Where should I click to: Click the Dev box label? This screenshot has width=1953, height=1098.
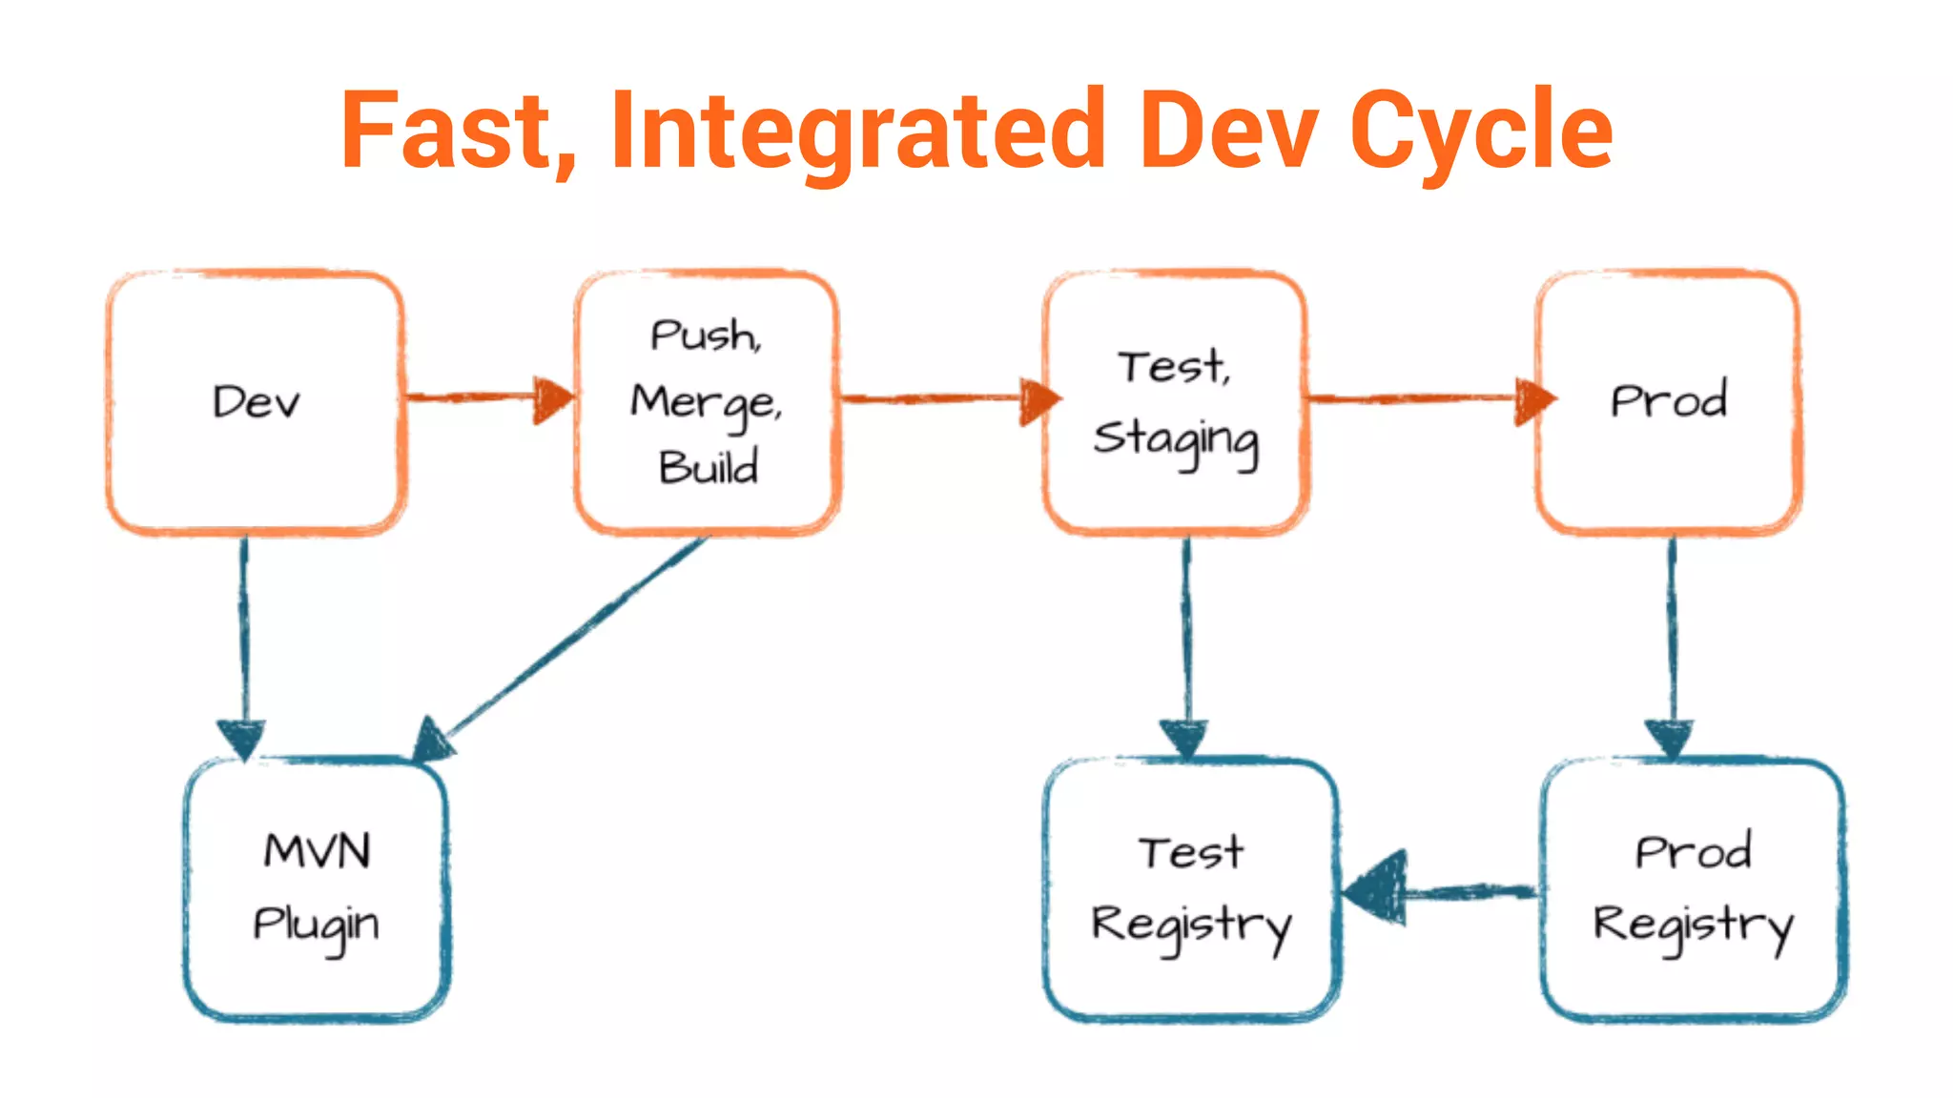[256, 402]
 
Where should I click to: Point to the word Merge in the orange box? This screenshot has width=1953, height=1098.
[706, 402]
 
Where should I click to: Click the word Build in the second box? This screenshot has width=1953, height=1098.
[708, 467]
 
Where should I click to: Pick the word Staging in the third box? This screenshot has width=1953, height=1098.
[1175, 440]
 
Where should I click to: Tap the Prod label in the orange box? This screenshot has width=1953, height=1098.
[1669, 400]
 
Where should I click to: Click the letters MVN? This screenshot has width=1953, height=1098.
[317, 850]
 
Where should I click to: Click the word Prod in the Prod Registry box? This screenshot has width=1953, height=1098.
[1694, 851]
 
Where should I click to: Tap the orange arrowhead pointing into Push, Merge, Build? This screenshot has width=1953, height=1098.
[553, 399]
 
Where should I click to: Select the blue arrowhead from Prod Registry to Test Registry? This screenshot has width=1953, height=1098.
[1378, 888]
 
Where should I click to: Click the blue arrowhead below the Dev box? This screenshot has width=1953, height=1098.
[241, 739]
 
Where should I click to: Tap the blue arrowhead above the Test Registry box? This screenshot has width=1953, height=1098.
[1184, 739]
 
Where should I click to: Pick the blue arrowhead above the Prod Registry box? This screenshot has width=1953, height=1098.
[1670, 739]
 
